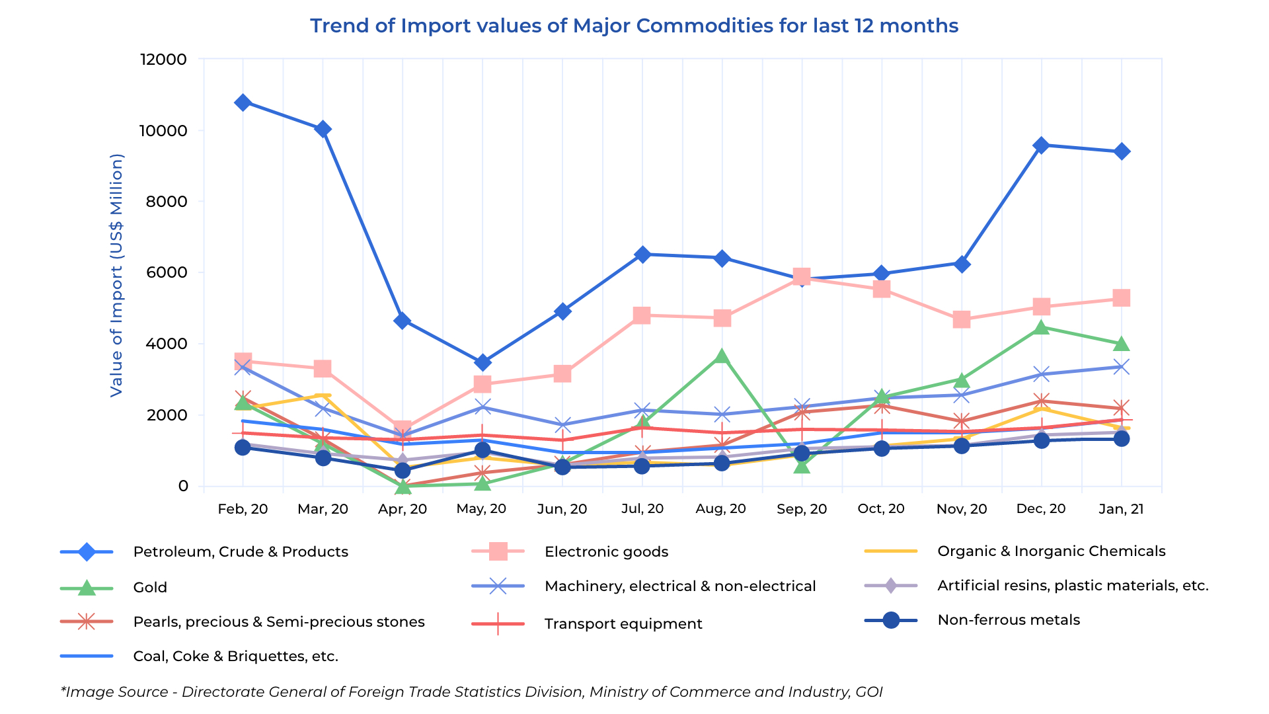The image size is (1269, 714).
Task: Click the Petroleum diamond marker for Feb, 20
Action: point(243,102)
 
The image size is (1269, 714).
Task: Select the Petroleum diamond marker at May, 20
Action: point(482,362)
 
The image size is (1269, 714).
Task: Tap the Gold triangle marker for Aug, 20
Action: point(722,357)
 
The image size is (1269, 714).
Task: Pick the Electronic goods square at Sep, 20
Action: point(802,276)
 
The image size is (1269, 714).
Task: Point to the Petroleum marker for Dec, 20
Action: point(1041,145)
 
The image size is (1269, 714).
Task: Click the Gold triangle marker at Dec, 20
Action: point(1041,327)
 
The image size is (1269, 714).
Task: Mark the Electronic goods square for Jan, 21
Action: point(1121,298)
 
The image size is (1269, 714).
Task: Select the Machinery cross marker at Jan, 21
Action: point(1121,367)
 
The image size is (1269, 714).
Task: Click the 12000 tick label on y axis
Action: point(163,59)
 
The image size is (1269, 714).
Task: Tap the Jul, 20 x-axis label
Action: point(642,508)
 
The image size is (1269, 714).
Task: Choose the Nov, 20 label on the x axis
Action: point(962,508)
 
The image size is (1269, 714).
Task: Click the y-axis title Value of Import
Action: point(116,275)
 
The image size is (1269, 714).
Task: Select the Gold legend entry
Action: point(150,587)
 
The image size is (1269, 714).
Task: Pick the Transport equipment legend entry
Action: point(623,623)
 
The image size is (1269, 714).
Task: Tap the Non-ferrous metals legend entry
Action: point(1008,620)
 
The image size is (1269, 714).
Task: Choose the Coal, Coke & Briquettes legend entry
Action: point(235,656)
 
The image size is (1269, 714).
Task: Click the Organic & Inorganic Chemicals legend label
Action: point(1051,551)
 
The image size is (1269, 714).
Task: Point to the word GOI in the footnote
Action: point(868,692)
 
